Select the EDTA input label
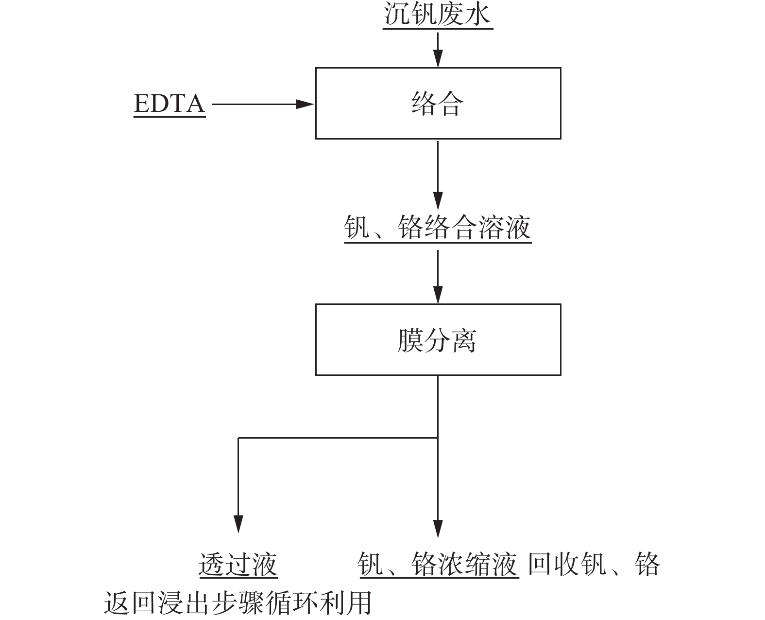(169, 104)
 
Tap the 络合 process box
(438, 104)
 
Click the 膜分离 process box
(438, 340)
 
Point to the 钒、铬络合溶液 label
(438, 227)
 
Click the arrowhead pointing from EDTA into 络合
(305, 104)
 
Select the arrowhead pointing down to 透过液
(238, 524)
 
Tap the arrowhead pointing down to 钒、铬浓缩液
(438, 528)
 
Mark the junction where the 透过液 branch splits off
(438, 438)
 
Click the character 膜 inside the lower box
(410, 340)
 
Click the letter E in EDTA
(141, 104)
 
